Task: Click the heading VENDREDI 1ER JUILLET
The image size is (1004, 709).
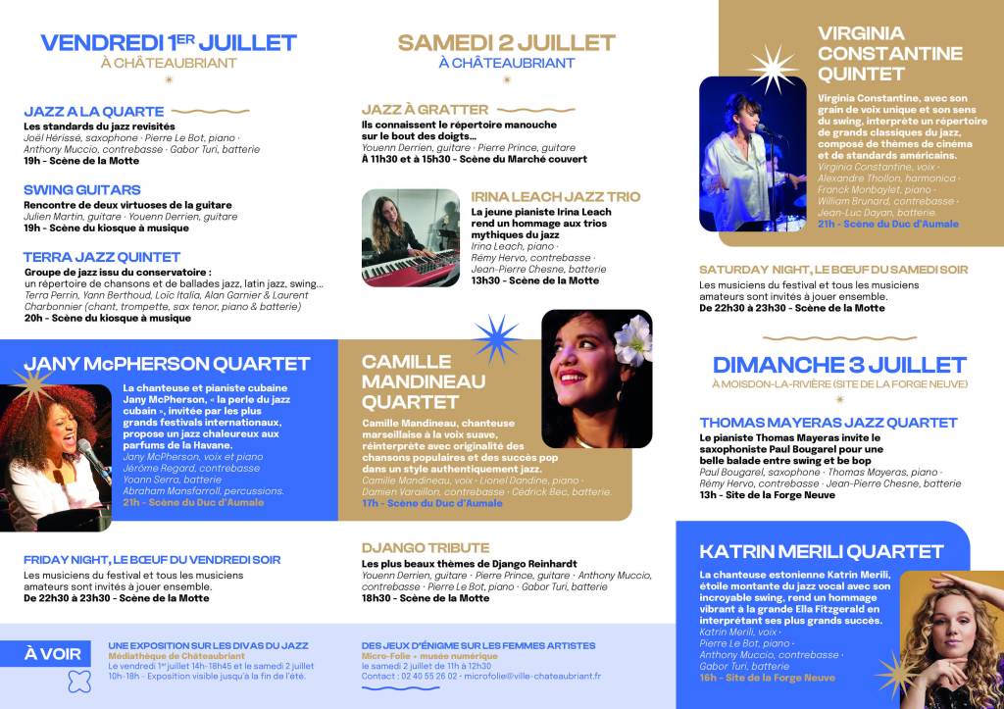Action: pos(168,42)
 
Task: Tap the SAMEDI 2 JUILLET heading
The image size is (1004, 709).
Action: pos(506,42)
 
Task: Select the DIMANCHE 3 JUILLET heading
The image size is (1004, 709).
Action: pos(839,365)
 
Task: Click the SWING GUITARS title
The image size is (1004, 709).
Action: pos(81,189)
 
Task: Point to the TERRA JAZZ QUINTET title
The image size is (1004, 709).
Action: pos(102,257)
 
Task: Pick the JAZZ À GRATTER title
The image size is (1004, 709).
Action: pos(425,110)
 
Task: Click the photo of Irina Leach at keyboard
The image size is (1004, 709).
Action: pos(410,237)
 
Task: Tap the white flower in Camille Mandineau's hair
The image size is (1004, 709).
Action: pos(631,338)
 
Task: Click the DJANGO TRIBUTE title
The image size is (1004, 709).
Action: pos(426,548)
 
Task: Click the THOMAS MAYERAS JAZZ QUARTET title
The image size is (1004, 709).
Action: pos(828,423)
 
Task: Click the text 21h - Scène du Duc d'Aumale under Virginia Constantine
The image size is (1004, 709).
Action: pos(887,225)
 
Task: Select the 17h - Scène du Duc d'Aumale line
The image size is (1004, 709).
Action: pos(431,503)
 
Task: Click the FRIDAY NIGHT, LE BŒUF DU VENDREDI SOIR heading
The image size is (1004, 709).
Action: pos(152,560)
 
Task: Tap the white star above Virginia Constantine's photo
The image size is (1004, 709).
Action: pos(774,67)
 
